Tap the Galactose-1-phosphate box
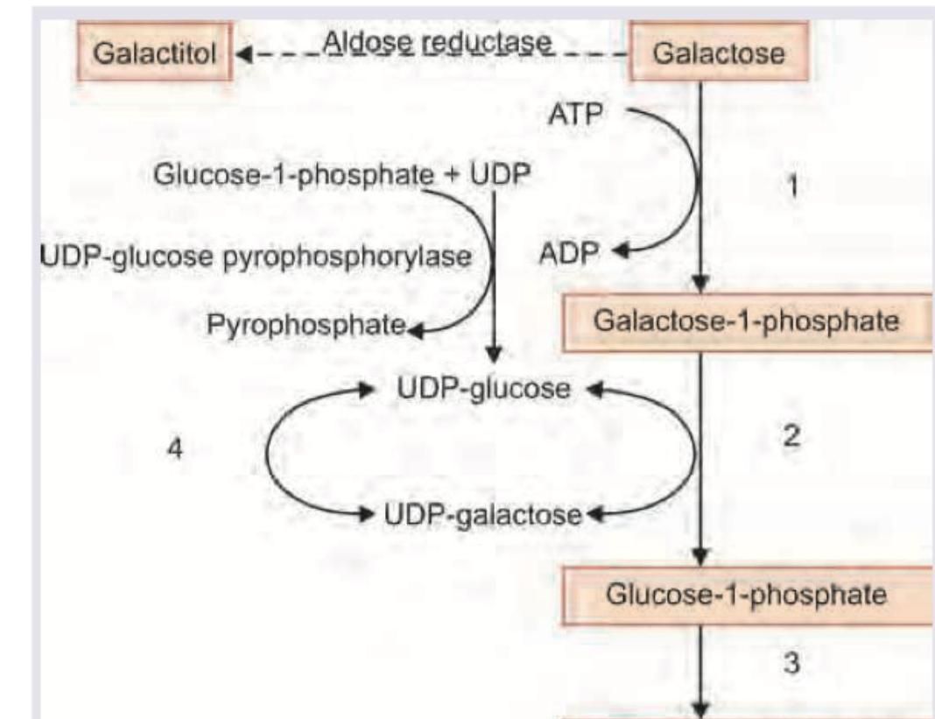(746, 321)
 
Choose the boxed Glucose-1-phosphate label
(746, 595)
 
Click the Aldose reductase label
(438, 42)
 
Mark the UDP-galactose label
(482, 513)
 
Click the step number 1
(793, 186)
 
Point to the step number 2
(791, 436)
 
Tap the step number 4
(176, 448)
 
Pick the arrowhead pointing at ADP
(621, 252)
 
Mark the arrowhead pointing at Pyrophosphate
(415, 329)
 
